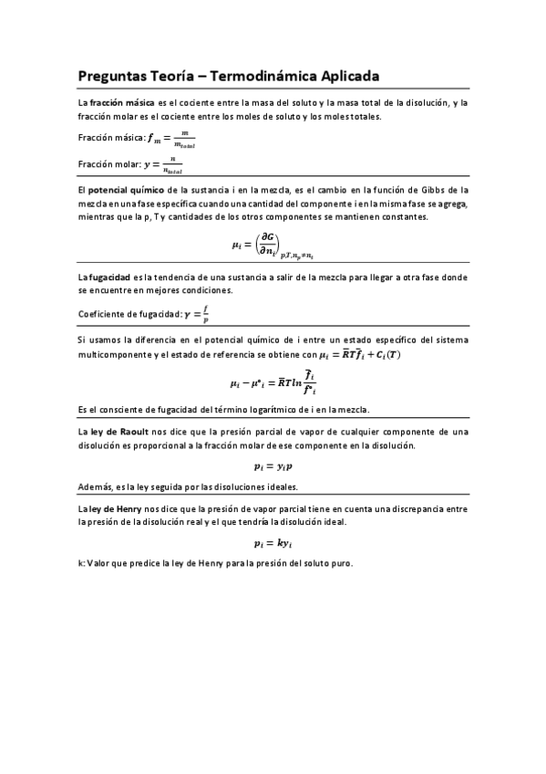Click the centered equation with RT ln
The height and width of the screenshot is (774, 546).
click(273, 380)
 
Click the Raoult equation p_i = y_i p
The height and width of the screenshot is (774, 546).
click(273, 465)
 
